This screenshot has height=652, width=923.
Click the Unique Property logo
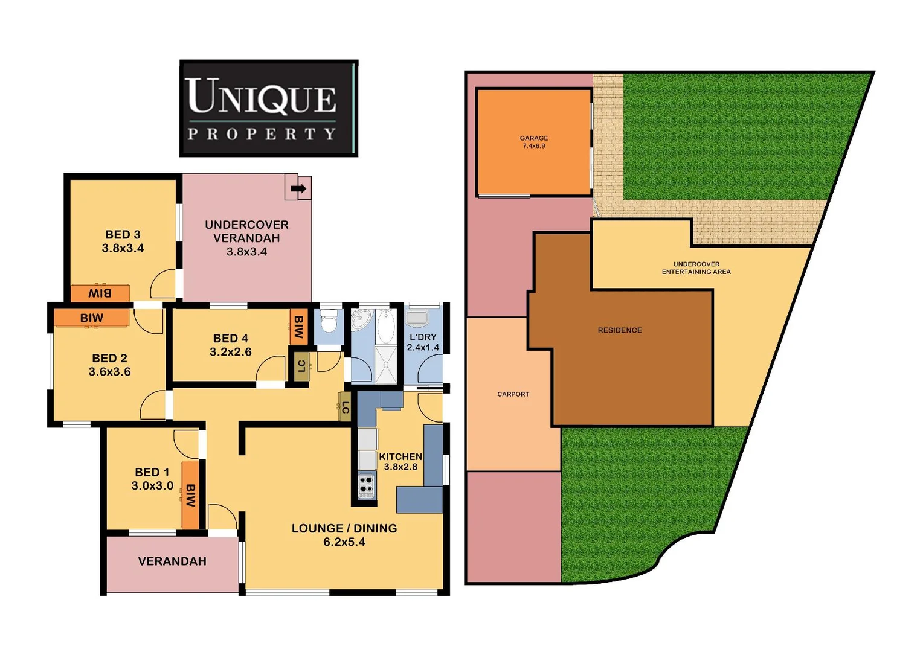[x=269, y=109]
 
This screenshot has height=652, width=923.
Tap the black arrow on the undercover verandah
[x=298, y=188]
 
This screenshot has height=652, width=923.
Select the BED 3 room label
[x=123, y=234]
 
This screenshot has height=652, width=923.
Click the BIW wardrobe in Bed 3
[x=100, y=293]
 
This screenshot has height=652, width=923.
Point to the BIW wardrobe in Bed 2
[x=92, y=318]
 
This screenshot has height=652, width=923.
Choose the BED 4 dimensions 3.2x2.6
[x=231, y=352]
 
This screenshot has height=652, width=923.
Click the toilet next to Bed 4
[x=329, y=323]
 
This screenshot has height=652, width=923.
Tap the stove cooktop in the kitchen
[x=366, y=485]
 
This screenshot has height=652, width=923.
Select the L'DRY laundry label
[x=423, y=337]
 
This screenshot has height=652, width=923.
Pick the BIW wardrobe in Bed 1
[x=190, y=495]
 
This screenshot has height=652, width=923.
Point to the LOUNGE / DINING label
[x=344, y=528]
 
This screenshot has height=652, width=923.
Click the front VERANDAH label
[x=172, y=561]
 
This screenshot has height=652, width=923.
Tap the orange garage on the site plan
[x=533, y=142]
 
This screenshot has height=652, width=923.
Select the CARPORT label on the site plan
[x=513, y=394]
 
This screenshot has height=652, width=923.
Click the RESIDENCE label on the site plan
[x=620, y=330]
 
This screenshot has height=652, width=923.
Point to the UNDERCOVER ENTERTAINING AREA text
[x=696, y=268]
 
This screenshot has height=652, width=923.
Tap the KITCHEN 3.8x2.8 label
[x=400, y=461]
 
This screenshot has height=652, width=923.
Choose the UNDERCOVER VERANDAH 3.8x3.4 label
[x=246, y=238]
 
